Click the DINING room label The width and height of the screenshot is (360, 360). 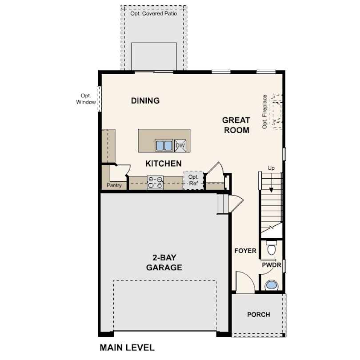point(145,100)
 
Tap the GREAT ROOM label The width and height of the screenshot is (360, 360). point(236,125)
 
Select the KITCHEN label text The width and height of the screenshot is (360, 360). point(164,164)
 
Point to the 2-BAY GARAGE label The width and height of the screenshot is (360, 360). point(164,262)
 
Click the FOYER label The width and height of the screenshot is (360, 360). point(245,251)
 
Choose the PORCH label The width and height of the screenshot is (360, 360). point(259,315)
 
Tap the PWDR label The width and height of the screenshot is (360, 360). point(272,265)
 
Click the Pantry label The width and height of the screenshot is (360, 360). point(114,185)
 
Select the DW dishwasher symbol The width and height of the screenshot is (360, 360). point(180,146)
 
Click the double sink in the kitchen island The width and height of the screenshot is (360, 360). point(164,145)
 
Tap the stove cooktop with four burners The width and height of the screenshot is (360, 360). point(155,183)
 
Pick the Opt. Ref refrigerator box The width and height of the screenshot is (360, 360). point(193,180)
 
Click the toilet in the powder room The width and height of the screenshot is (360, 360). point(272,248)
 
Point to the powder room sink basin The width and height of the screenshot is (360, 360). point(272,285)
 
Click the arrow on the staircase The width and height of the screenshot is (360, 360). point(271,183)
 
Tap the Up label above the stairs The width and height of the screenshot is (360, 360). point(271,168)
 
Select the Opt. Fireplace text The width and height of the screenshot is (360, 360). point(264,112)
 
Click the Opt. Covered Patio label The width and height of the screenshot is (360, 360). point(154,13)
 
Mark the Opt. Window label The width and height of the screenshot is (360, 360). point(86,99)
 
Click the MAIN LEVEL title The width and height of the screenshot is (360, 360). point(127,348)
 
